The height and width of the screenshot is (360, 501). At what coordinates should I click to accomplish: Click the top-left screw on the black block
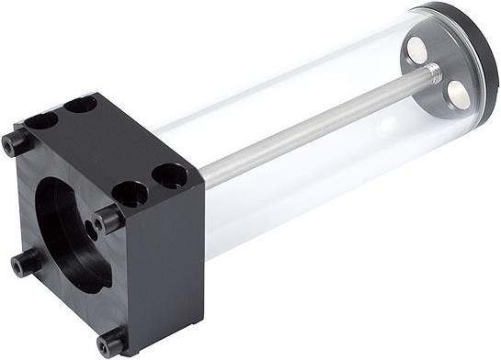coord(17,143)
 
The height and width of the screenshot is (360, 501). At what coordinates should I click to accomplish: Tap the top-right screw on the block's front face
coord(108,219)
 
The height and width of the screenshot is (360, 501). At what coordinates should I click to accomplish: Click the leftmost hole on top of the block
coord(41,120)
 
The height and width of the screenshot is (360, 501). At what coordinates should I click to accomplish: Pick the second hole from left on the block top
coord(81,104)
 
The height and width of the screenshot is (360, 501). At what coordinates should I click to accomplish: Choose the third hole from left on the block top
coord(131,194)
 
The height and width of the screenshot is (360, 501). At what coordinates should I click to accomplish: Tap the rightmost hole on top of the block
coord(170,174)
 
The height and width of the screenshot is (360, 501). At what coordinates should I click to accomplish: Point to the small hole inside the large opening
coord(93,225)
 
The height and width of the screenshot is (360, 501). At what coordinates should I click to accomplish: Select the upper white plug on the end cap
coord(416,51)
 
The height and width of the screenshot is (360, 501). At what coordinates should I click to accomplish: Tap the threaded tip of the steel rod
coord(433,73)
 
